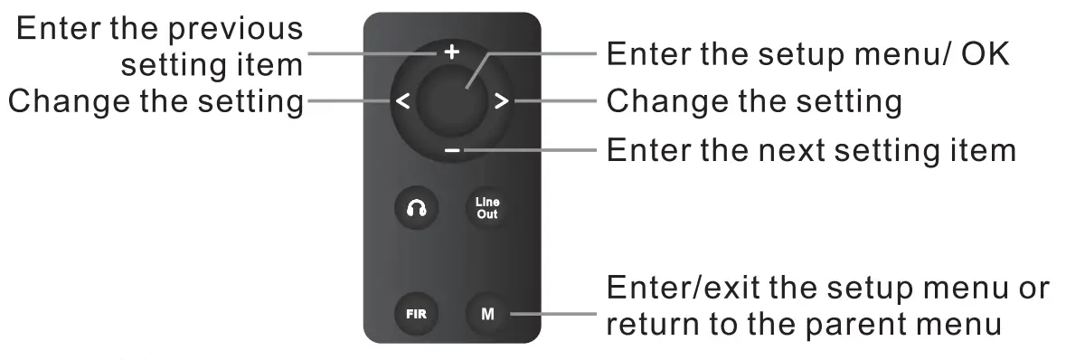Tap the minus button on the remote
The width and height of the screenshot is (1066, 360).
(x=452, y=149)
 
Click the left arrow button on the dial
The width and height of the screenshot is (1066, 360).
(x=403, y=100)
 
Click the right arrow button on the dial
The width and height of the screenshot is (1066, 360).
(x=501, y=100)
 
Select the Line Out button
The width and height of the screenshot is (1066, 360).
(x=486, y=209)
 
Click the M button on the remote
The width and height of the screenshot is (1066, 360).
(x=486, y=315)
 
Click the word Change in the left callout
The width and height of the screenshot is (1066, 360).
(x=64, y=100)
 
